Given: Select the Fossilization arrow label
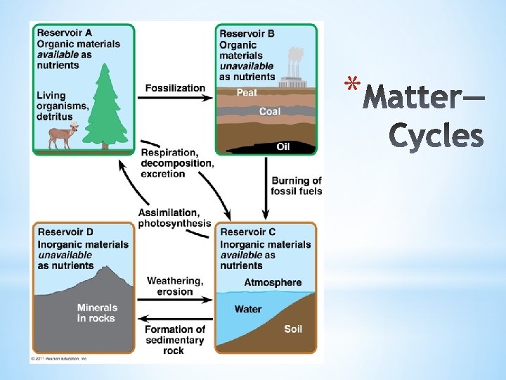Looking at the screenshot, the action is [175, 88].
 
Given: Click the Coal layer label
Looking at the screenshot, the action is [269, 111].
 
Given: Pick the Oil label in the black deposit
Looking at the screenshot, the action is [283, 146].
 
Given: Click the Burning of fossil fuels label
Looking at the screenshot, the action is [297, 186].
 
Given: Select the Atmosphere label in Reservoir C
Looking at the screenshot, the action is [273, 283].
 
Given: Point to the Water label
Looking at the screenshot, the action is [248, 309].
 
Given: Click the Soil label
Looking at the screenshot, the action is [293, 329].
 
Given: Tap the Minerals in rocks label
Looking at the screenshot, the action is [97, 313].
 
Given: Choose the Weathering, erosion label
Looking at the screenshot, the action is [175, 286].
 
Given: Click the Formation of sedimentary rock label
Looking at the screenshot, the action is [174, 340].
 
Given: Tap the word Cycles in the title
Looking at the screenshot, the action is [436, 137].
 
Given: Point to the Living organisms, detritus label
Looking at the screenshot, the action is [63, 106].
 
